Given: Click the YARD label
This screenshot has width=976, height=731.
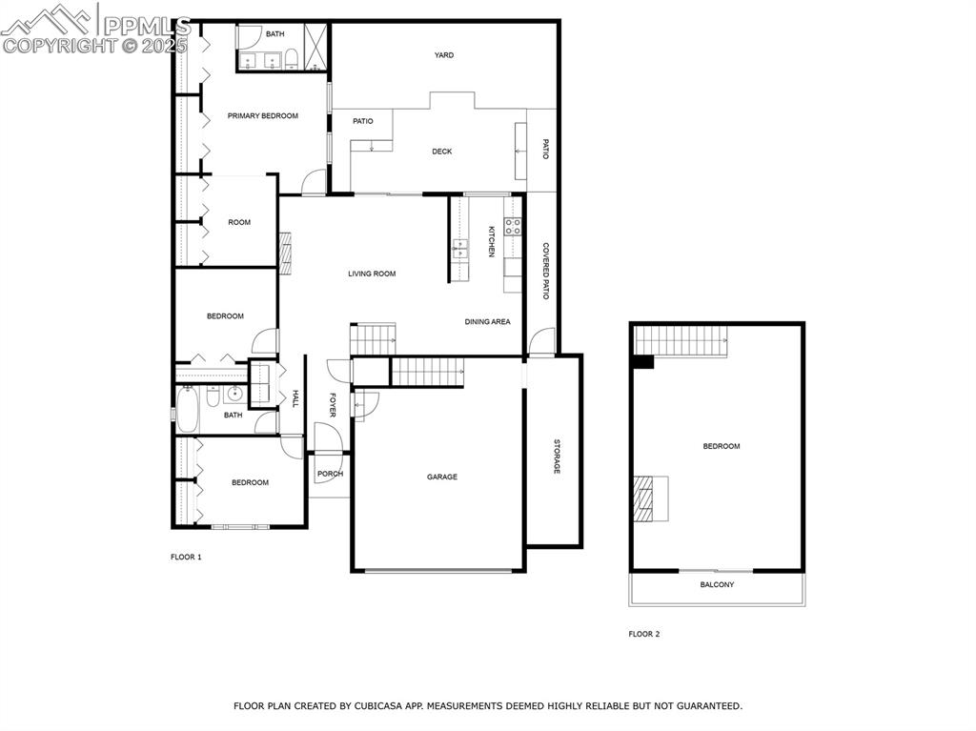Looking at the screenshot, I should tap(444, 55).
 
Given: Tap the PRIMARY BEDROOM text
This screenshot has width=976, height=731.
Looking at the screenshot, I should tap(262, 116).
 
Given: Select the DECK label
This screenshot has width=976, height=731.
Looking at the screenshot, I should tap(441, 152).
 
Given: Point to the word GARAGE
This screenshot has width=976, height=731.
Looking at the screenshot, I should tap(441, 477).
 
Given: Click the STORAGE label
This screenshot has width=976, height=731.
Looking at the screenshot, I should tap(557, 457).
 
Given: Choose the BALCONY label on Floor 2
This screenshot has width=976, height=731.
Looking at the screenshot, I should tap(717, 585).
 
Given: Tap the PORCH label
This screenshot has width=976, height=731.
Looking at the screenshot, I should tap(330, 475).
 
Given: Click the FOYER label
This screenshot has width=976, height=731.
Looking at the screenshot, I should tap(333, 405).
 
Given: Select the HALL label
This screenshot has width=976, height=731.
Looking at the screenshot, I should tap(295, 399).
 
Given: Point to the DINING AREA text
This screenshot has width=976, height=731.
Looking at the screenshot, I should tap(487, 322).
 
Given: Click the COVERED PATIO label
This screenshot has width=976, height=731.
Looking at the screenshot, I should tap(545, 272).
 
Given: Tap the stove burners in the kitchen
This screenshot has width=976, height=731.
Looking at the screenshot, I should tap(513, 227).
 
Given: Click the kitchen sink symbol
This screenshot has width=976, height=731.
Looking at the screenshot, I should tap(460, 251).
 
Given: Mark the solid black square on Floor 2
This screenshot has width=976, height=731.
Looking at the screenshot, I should tap(642, 361).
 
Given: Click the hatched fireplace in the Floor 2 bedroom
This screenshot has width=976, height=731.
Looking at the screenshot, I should tap(644, 498).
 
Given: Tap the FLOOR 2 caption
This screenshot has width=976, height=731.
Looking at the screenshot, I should tap(643, 634).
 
